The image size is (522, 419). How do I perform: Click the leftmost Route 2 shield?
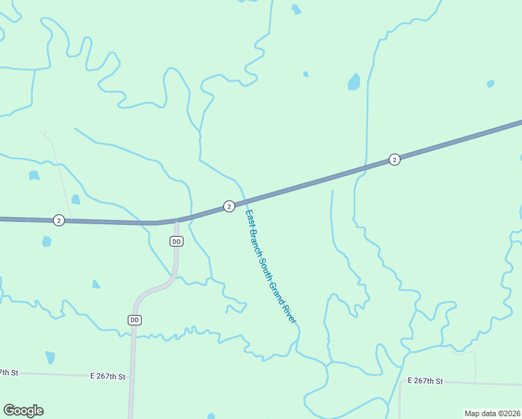tap(59, 220)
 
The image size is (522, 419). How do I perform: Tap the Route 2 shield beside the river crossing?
tap(229, 206)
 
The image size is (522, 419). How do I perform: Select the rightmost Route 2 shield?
tap(394, 159)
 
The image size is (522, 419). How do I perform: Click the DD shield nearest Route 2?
tap(176, 241)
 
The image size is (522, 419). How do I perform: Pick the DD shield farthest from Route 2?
tap(135, 319)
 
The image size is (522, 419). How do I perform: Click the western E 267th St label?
tap(107, 376)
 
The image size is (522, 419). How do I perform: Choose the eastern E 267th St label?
tap(425, 381)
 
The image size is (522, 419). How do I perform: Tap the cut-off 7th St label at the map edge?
tap(8, 372)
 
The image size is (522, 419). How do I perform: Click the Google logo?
tap(23, 411)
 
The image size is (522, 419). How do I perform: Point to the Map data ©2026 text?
tap(493, 413)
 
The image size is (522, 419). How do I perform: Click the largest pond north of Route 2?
tap(354, 82)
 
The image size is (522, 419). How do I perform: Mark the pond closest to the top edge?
tap(297, 9)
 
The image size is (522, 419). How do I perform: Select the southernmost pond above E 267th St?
tap(50, 358)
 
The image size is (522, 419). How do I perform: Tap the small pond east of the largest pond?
tap(491, 84)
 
